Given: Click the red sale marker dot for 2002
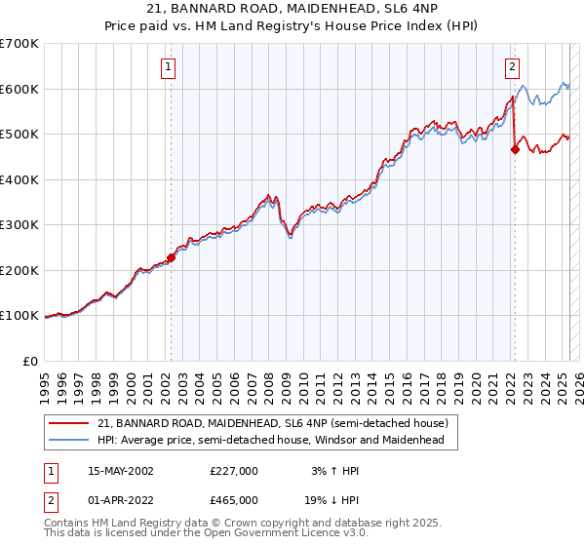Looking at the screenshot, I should coord(172,258).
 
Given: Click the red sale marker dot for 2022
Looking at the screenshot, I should coord(515,150).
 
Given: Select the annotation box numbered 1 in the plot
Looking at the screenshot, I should coord(169,67).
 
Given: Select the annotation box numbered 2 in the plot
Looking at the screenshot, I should coord(512,67).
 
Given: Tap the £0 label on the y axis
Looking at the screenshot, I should coord(29,362).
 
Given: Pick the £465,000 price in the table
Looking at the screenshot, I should coord(234,500).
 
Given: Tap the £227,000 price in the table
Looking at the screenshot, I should coord(234,471).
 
